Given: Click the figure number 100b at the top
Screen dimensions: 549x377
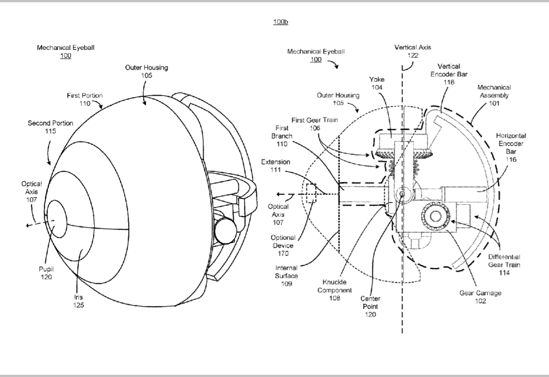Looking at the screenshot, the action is pyautogui.click(x=281, y=22).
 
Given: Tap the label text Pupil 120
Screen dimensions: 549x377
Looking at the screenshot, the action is pyautogui.click(x=46, y=273).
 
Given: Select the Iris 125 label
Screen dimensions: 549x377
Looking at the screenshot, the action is pyautogui.click(x=79, y=301).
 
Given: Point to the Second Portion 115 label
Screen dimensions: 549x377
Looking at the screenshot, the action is pyautogui.click(x=50, y=127).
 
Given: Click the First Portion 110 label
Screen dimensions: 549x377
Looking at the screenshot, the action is pyautogui.click(x=85, y=99).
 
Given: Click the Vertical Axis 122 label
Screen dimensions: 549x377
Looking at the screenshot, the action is pyautogui.click(x=413, y=51).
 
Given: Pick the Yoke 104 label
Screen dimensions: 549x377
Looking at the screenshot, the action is pyautogui.click(x=377, y=83).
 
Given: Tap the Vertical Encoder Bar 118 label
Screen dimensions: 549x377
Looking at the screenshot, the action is pyautogui.click(x=449, y=74).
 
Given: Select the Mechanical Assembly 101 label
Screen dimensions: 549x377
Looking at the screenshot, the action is pyautogui.click(x=494, y=95).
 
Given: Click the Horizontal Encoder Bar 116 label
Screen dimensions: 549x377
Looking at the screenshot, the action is pyautogui.click(x=511, y=147).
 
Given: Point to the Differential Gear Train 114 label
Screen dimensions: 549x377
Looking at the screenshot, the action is pyautogui.click(x=504, y=265).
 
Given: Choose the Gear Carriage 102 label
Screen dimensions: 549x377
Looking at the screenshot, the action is pyautogui.click(x=480, y=297).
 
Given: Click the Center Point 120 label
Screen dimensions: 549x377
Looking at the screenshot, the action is pyautogui.click(x=370, y=306).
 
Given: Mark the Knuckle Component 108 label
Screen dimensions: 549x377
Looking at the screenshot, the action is pyautogui.click(x=335, y=290).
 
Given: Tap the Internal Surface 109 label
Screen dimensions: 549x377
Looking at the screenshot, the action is pyautogui.click(x=286, y=276).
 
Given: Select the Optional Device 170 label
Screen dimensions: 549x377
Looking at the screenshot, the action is pyautogui.click(x=283, y=245).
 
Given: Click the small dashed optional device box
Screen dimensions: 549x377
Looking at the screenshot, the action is pyautogui.click(x=311, y=193).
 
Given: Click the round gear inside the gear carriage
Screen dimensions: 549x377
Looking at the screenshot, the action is pyautogui.click(x=435, y=216).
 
